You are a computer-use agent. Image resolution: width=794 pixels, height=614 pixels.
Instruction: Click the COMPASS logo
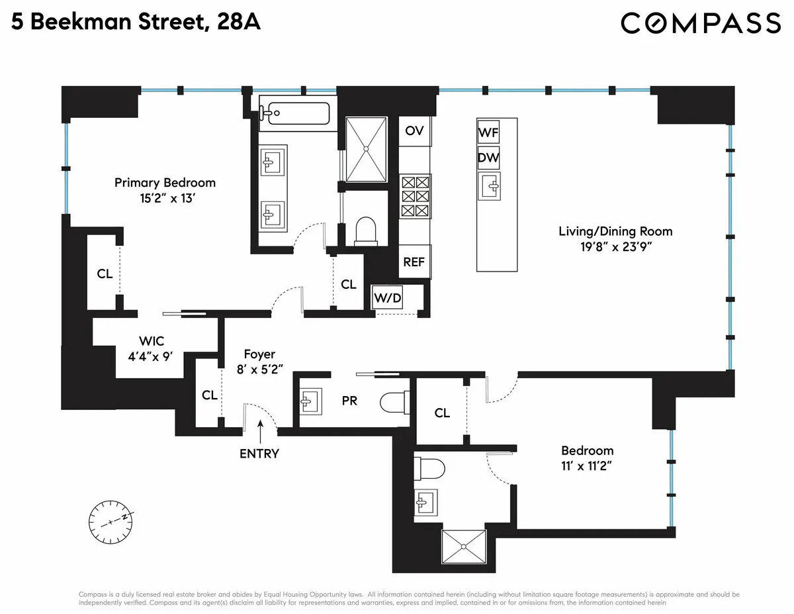701,23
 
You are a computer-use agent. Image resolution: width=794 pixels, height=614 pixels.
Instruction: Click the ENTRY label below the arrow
259,454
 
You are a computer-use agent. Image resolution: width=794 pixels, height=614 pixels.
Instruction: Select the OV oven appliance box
415,130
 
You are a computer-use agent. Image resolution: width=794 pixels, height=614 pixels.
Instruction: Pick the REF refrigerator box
414,262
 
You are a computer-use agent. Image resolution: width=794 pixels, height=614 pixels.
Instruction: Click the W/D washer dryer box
388,298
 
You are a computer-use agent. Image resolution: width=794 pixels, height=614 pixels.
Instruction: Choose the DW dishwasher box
488,159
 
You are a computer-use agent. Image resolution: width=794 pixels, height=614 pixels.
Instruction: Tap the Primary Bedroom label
165,183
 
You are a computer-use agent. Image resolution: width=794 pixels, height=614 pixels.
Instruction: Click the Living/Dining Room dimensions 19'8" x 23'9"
615,247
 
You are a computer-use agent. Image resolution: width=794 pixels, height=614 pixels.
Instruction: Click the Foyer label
259,354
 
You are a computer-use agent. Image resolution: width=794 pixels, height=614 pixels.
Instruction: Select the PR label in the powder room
349,401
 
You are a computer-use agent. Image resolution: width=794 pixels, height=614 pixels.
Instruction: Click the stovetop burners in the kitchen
415,197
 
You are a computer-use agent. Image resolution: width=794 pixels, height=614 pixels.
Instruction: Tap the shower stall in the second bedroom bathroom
463,546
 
